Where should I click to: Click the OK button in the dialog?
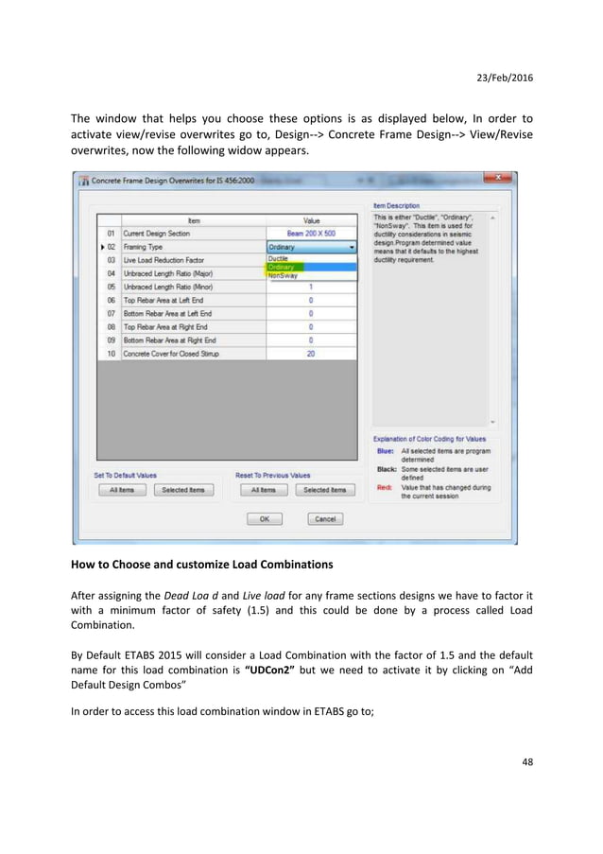pyautogui.click(x=265, y=518)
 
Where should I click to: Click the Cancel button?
pyautogui.click(x=324, y=518)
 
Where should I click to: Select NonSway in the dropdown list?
pyautogui.click(x=284, y=275)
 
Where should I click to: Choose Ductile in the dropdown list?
pyautogui.click(x=279, y=258)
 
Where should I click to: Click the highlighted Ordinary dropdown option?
pyautogui.click(x=282, y=267)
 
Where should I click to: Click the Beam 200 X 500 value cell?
pyautogui.click(x=311, y=233)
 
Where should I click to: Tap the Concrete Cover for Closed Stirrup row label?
pyautogui.click(x=171, y=353)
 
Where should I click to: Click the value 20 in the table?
pyautogui.click(x=311, y=353)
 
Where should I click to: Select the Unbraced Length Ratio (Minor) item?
pyautogui.click(x=168, y=287)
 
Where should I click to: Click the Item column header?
pyautogui.click(x=193, y=219)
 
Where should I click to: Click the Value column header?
pyautogui.click(x=311, y=219)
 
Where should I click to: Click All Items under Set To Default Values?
pyautogui.click(x=121, y=490)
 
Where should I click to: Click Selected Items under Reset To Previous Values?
pyautogui.click(x=324, y=490)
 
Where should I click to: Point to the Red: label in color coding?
pyautogui.click(x=384, y=487)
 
